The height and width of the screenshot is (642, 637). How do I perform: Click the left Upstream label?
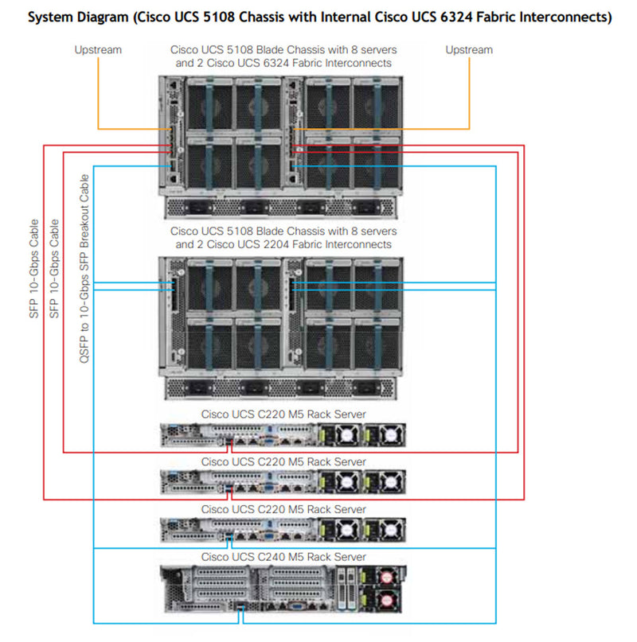click(98, 49)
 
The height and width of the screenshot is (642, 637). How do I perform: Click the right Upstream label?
click(468, 49)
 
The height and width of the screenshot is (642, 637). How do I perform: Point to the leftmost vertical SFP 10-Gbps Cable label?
click(33, 268)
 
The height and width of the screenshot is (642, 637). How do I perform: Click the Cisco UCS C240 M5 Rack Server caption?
click(283, 556)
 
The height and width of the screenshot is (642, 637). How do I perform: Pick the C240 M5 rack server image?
click(283, 588)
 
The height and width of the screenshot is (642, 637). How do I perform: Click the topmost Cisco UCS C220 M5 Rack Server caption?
click(283, 414)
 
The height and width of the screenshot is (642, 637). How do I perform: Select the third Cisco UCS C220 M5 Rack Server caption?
click(283, 509)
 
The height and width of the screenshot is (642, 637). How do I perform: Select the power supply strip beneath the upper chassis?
click(283, 207)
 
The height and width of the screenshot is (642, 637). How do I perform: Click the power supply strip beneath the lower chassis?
click(283, 387)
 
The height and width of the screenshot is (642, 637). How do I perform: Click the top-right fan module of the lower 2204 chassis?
click(375, 285)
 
